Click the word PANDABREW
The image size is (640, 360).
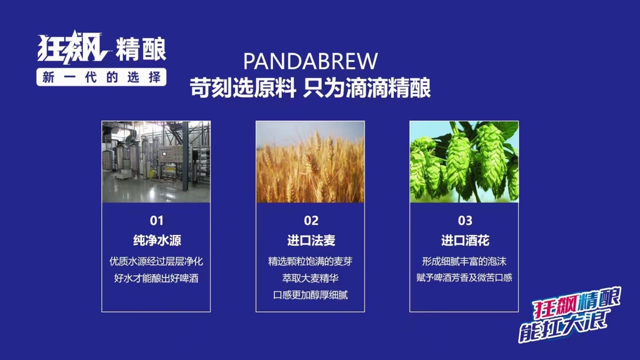(310, 61)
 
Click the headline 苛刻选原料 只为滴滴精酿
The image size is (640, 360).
(310, 87)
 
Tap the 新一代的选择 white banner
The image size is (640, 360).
(101, 77)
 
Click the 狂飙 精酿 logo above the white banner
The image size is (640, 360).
(101, 47)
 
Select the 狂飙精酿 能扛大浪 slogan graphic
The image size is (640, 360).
(569, 314)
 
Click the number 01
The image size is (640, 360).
(156, 220)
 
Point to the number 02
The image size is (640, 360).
(311, 220)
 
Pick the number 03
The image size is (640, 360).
(465, 220)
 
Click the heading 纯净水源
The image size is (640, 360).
(157, 240)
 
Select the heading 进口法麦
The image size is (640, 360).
(311, 240)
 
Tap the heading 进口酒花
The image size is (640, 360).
(465, 240)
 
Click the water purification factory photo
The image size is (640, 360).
(156, 161)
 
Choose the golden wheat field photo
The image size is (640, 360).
(310, 161)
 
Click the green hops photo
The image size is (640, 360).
(464, 161)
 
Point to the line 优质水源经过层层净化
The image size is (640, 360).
(156, 261)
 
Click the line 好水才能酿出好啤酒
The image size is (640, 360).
(156, 278)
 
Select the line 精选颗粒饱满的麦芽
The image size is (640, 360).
(310, 261)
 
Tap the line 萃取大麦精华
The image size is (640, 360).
(310, 278)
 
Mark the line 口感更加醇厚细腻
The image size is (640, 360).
(310, 295)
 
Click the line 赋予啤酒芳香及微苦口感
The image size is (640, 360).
(464, 277)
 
